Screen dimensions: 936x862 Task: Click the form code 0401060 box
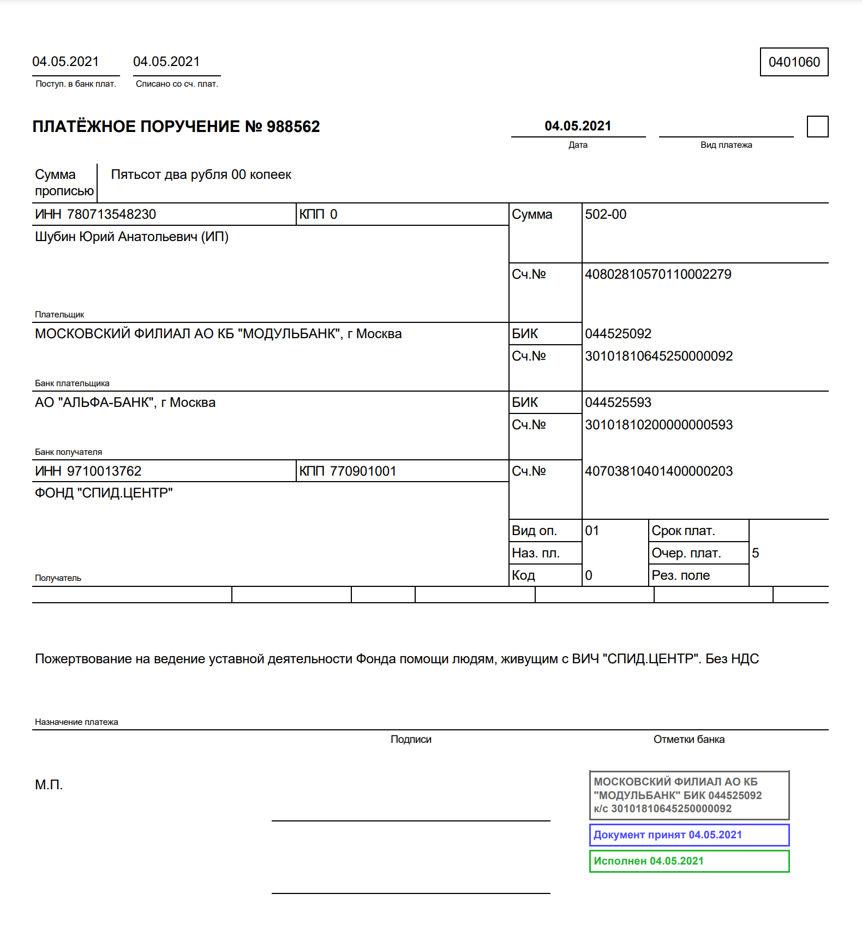coord(794,62)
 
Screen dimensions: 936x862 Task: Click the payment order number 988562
coord(293,127)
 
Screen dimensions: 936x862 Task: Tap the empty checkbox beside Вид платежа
coord(817,127)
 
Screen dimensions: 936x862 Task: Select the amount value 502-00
coord(606,214)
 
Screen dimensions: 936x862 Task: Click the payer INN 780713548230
coord(111,214)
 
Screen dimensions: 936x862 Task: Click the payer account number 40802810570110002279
coord(658,274)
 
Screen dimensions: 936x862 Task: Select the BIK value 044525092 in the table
coord(618,334)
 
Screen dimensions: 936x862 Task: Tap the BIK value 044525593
coord(618,403)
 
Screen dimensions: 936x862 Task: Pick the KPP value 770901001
coord(363,471)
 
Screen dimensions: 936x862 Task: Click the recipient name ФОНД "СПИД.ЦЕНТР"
coord(104,493)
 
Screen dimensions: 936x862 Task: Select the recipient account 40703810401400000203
coord(659,471)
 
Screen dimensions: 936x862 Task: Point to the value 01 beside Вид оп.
coord(592,531)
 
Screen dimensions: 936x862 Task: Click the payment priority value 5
coord(756,553)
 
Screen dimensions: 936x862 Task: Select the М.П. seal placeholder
coord(49,785)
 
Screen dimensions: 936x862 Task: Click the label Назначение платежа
coord(76,722)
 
